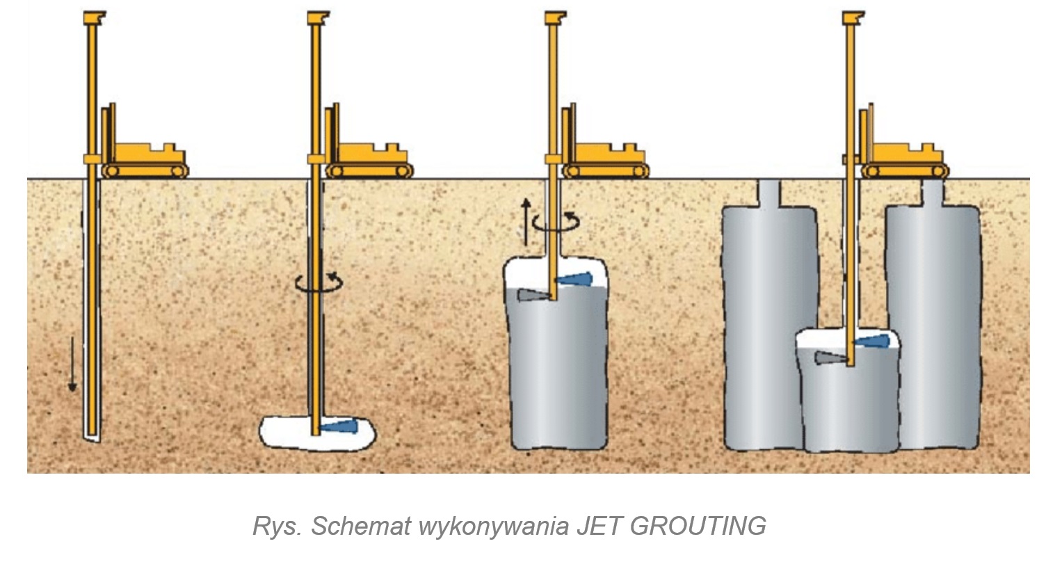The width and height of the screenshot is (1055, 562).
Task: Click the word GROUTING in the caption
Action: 698,526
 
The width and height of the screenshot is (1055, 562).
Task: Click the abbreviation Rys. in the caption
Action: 277,526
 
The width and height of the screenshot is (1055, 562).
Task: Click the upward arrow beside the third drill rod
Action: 526,221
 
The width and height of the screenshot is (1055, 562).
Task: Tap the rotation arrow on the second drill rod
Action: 319,281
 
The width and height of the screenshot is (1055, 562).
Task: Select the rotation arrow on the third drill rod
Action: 555,222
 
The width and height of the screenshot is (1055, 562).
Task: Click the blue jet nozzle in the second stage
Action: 341,426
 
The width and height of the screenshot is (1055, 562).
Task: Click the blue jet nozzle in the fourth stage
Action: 873,342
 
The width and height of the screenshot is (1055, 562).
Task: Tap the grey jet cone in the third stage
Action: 531,296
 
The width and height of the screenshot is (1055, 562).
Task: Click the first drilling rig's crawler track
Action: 145,170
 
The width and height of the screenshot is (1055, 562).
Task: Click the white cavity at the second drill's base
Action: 285,431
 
